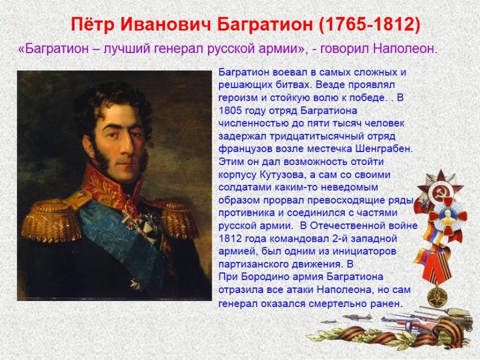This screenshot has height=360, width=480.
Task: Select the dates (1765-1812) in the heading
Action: click(x=369, y=24)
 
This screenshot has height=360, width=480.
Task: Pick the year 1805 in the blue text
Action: click(x=231, y=111)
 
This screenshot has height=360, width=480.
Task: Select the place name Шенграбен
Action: click(x=384, y=149)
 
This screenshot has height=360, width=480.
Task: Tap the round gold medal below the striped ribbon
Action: click(x=437, y=297)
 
